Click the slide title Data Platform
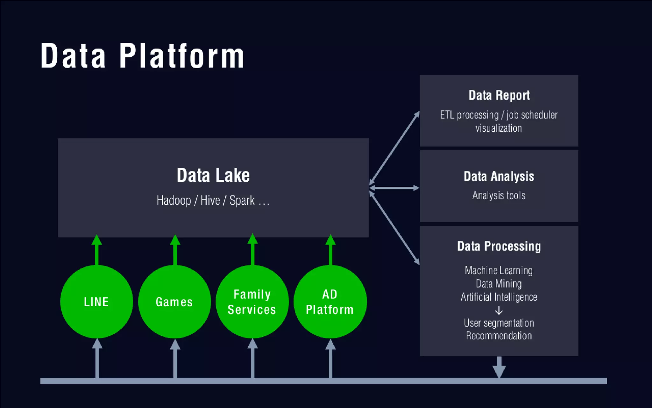point(142,56)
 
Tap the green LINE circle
point(96,302)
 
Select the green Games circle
point(174,302)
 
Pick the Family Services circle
point(252,302)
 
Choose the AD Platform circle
point(330,302)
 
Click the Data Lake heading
point(213,175)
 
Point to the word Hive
point(210,200)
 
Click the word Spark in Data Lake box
point(242,200)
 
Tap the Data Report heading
point(499,95)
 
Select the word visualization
point(499,128)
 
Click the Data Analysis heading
point(499,176)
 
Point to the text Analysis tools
point(499,195)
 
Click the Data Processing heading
point(499,246)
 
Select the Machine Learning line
point(499,270)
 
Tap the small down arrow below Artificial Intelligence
point(499,310)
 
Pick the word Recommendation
point(499,336)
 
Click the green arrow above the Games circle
point(175,250)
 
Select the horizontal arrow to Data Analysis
point(394,188)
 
